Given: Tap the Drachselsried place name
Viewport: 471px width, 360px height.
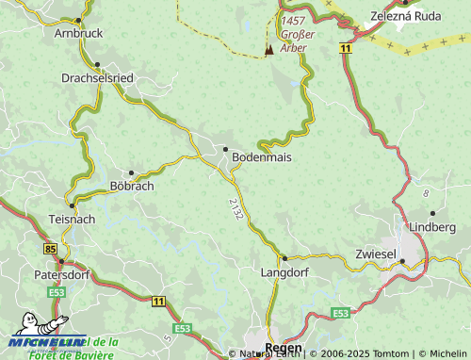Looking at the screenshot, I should tap(99, 77).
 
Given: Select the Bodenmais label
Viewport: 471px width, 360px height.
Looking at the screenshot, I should tap(261, 157).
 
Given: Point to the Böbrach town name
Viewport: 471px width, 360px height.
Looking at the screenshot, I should tap(132, 186).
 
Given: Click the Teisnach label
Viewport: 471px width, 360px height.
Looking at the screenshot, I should tap(71, 219).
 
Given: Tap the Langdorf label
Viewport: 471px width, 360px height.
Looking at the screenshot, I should tap(284, 271).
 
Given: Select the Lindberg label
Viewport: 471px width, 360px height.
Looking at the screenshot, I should tap(431, 226).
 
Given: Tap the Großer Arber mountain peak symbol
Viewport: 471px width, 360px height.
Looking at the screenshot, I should tap(268, 49).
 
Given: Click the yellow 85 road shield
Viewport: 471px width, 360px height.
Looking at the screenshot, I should tap(49, 248).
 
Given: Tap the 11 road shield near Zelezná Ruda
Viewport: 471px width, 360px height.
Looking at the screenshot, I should tap(347, 46).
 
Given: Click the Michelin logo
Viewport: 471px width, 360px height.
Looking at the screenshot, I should tap(45, 339).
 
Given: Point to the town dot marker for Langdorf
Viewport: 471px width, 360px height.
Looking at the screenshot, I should tap(284, 256).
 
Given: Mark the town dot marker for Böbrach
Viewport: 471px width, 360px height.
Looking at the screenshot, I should tap(131, 172).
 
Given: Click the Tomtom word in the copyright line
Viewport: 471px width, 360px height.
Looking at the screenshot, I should tap(368, 353).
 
